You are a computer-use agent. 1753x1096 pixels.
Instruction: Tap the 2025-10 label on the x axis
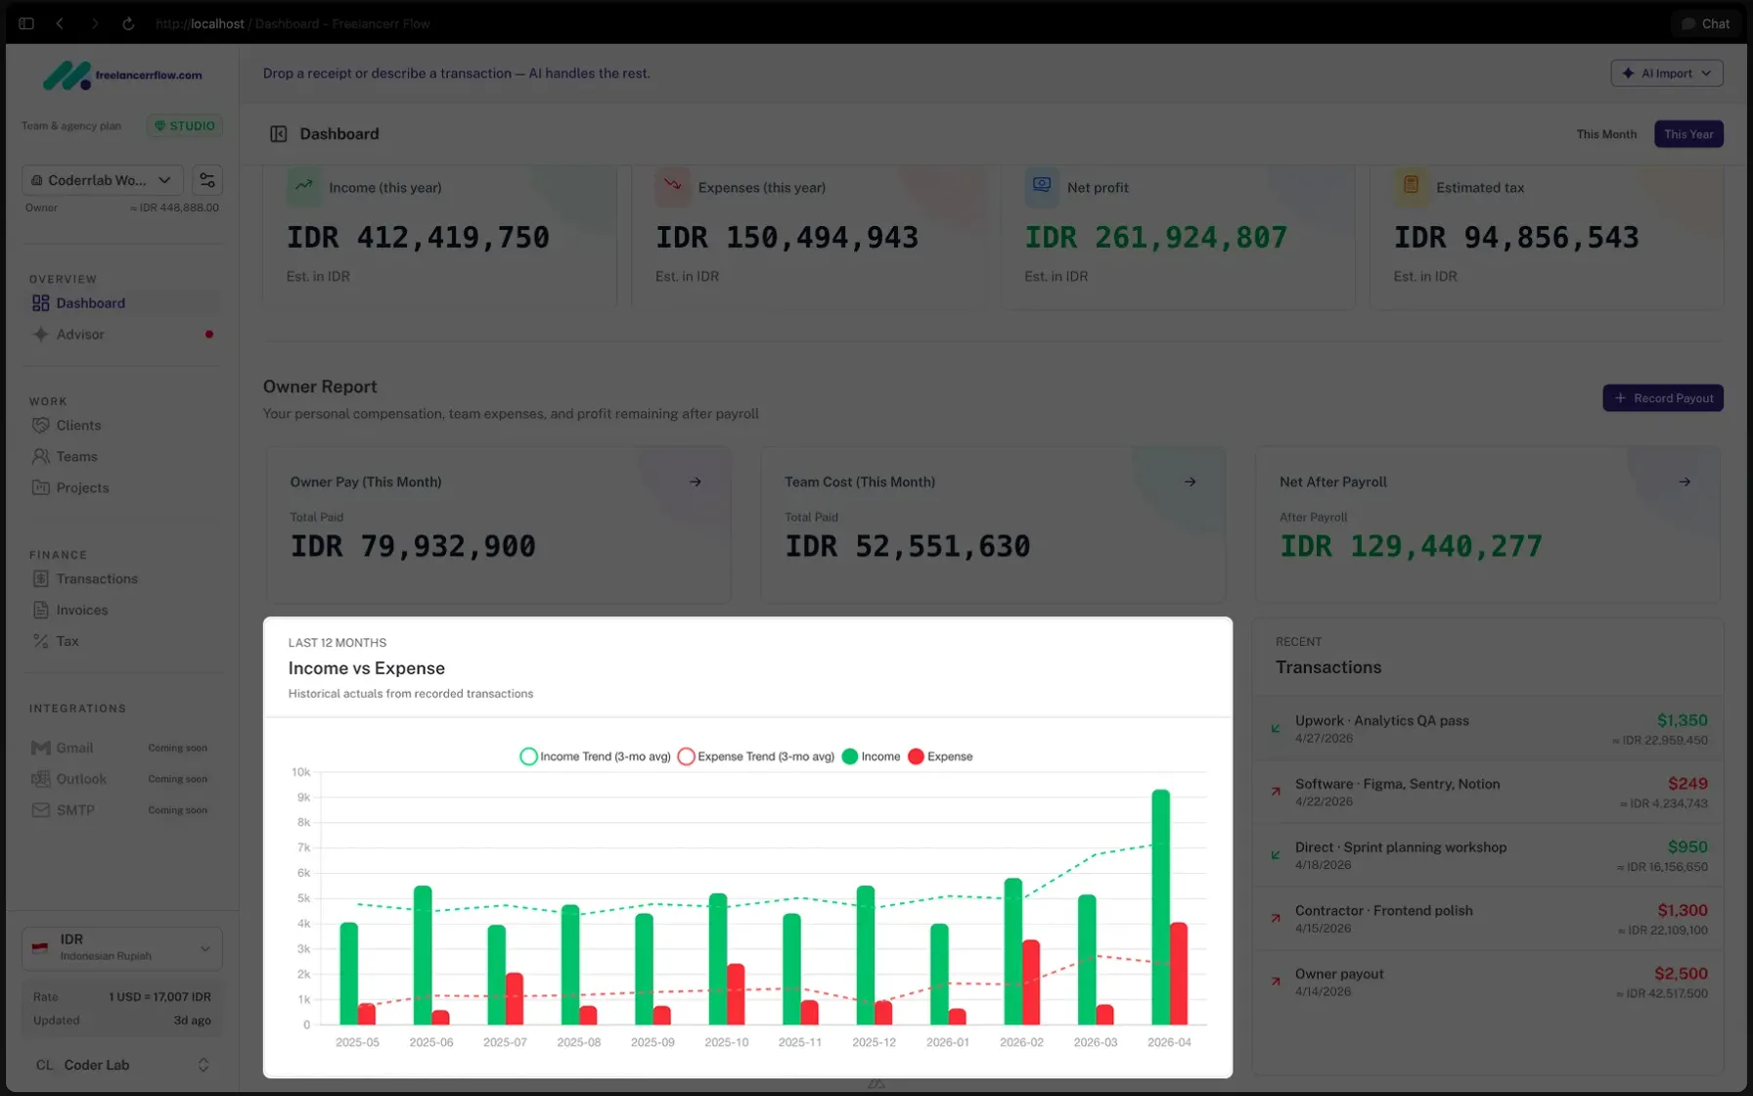(x=726, y=1042)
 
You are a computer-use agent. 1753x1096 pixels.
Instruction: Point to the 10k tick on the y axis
(x=300, y=772)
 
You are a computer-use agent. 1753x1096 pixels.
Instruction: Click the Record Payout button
(x=1662, y=398)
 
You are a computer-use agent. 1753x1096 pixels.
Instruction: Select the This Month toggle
(x=1605, y=134)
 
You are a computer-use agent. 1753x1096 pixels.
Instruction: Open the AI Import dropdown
(x=1666, y=73)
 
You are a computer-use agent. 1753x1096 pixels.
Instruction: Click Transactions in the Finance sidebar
(x=97, y=578)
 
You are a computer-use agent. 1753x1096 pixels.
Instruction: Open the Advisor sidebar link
(x=80, y=335)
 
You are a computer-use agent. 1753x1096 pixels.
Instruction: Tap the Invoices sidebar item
(x=82, y=610)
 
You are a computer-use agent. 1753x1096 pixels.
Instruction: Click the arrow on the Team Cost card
(x=1190, y=481)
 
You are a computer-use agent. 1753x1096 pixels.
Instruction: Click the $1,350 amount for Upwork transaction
(x=1682, y=720)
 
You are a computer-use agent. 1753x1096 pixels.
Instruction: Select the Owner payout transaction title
(x=1338, y=974)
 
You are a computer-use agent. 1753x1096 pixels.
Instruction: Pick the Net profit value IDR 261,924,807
(x=1155, y=238)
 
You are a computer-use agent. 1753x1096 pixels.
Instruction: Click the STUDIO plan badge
(x=185, y=126)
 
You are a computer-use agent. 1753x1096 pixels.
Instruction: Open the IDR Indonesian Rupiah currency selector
(x=121, y=947)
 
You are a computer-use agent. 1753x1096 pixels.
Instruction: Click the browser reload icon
(x=128, y=23)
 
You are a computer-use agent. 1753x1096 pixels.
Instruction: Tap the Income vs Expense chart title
(x=366, y=668)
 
